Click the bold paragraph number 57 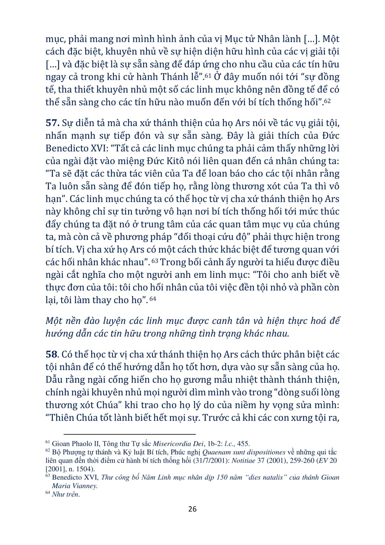pos(52,123)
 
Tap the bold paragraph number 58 pos(52,355)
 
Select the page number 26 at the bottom pos(192,509)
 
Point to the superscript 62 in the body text pos(327,101)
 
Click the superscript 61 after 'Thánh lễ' pos(208,76)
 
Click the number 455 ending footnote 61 pos(243,444)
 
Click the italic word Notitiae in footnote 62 pos(243,460)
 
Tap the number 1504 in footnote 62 pos(82,469)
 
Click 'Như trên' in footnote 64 pos(65,494)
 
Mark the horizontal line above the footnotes pos(129,435)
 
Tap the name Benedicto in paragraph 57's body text pos(66,148)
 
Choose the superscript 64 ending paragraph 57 pos(153,299)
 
